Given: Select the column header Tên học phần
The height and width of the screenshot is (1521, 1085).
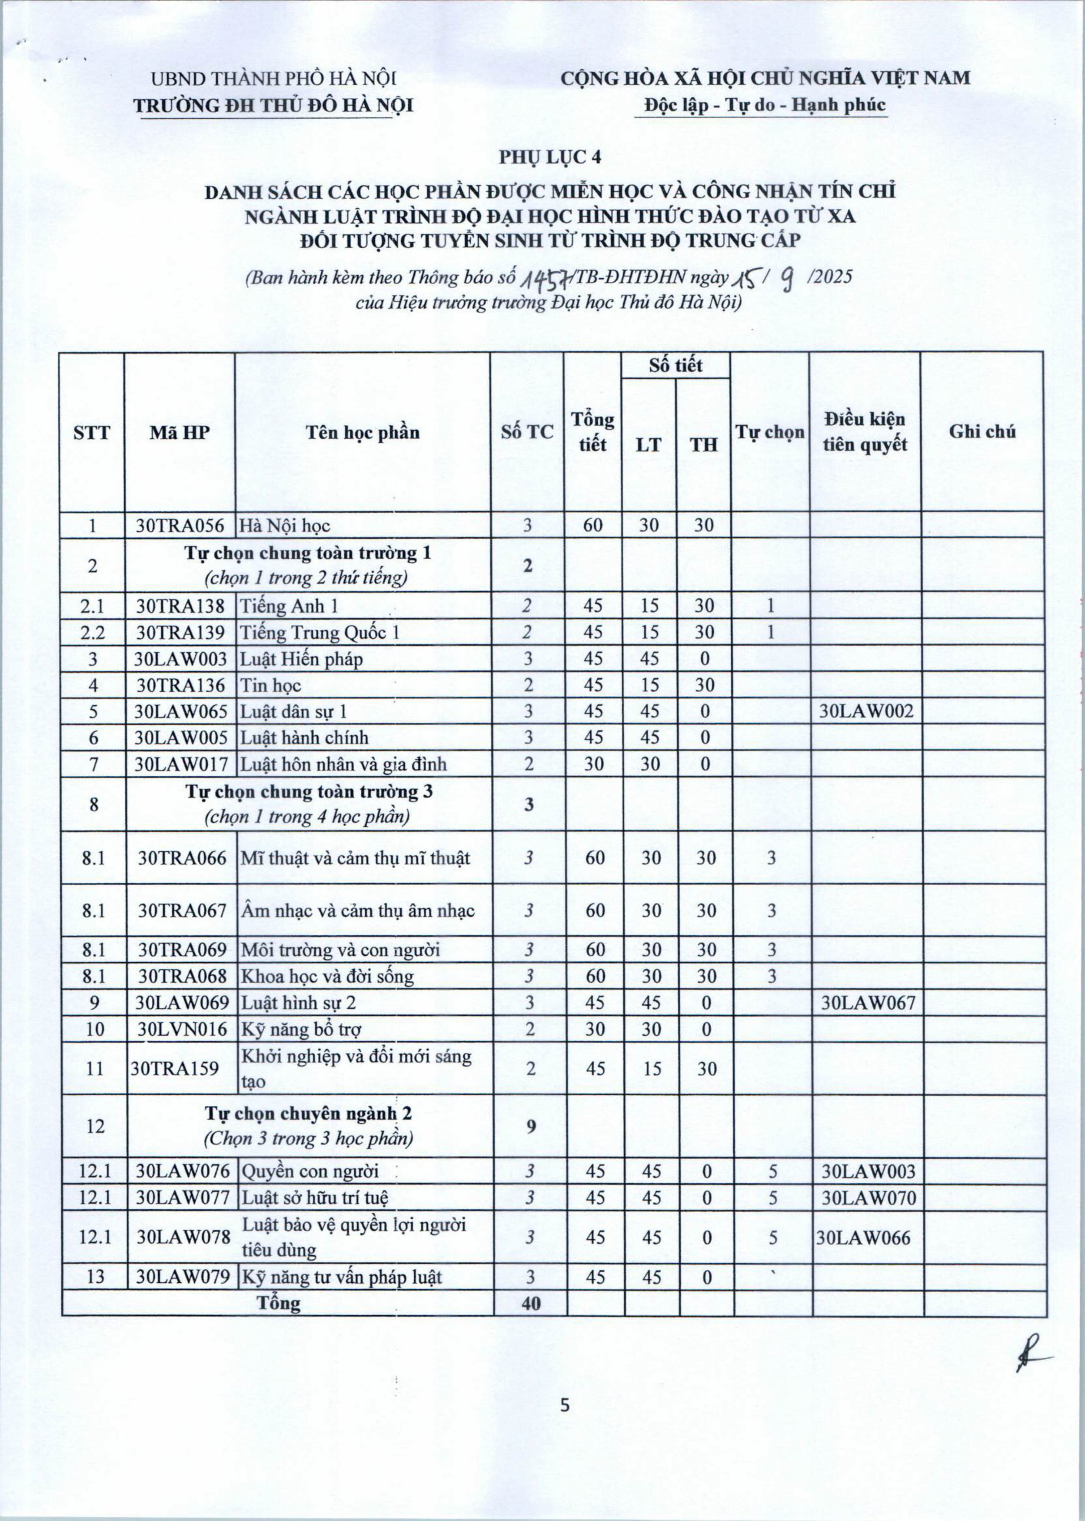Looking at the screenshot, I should [x=363, y=432].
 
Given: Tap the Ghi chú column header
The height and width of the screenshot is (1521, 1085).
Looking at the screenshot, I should [x=982, y=432].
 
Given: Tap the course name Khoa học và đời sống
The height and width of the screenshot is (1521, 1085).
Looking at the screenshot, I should [x=327, y=976].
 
